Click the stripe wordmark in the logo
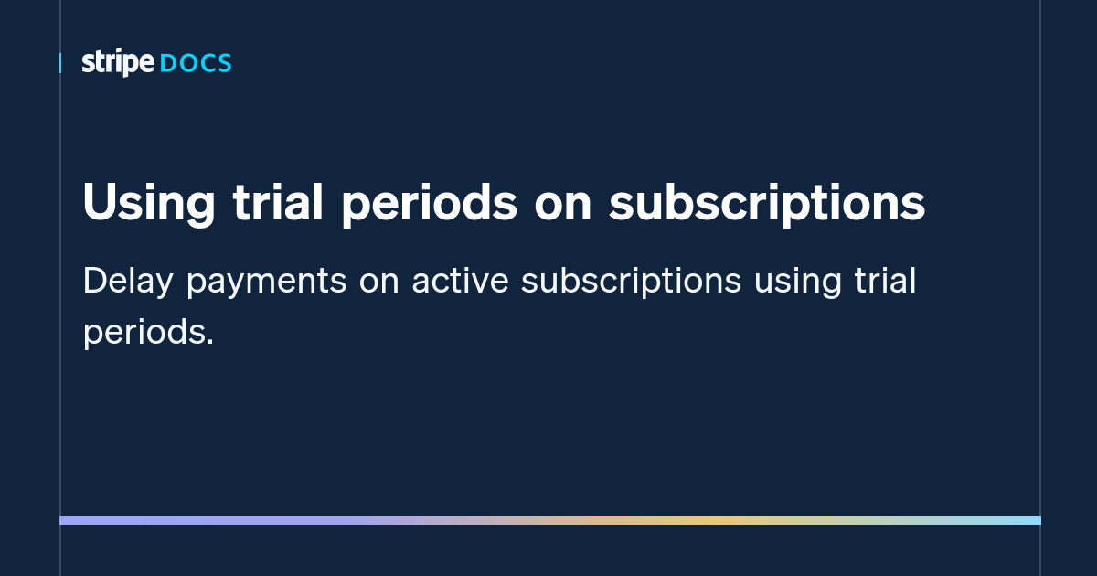point(118,63)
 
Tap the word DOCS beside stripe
point(196,64)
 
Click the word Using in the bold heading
point(146,203)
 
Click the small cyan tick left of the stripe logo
point(60,63)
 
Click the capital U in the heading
point(99,203)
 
